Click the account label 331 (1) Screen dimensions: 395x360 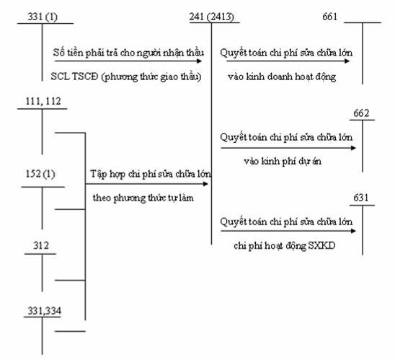[43, 17]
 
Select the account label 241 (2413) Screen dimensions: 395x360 [212, 17]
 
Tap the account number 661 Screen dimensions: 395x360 [329, 17]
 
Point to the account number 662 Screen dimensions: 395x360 [361, 113]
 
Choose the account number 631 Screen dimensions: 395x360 [361, 198]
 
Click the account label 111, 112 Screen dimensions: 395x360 [43, 101]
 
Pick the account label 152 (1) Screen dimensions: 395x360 [40, 174]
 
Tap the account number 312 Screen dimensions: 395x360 [41, 245]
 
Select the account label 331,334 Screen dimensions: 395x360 [45, 311]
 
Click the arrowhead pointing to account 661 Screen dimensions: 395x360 [347, 61]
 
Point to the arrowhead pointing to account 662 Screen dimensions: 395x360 [353, 148]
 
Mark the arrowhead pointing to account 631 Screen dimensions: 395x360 [353, 231]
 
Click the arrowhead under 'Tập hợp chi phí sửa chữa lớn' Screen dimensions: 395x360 [205, 184]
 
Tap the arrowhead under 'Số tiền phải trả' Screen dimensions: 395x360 [199, 61]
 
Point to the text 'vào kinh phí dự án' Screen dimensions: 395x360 [283, 162]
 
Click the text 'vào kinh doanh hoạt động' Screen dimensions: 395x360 [282, 77]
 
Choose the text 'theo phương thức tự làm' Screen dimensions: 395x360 [143, 198]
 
